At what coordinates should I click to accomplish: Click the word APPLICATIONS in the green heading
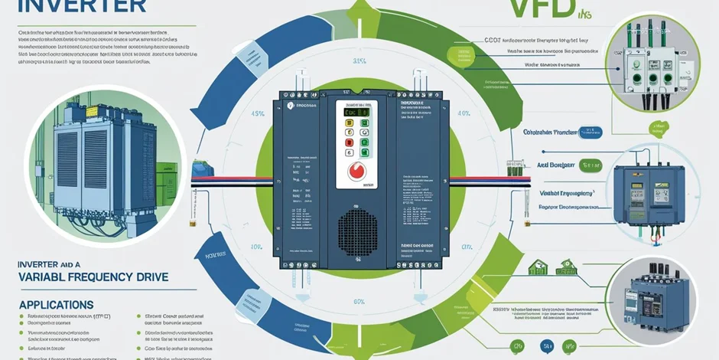coord(57,304)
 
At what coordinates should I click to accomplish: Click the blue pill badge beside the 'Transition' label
coord(590,132)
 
